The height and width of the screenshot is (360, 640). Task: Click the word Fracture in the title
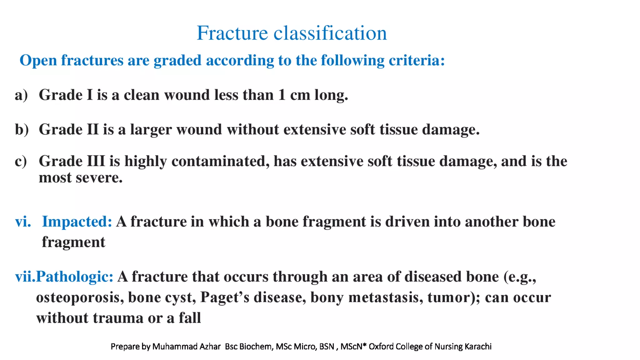[232, 33]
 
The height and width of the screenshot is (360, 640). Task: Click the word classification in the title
[330, 33]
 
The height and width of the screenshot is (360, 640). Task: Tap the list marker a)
[21, 95]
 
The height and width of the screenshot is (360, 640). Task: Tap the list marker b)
[22, 129]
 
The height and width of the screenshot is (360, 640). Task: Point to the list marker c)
[21, 161]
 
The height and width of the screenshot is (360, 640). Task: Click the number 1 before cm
[282, 95]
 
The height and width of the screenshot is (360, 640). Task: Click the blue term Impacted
[77, 222]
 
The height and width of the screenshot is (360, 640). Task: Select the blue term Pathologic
[74, 277]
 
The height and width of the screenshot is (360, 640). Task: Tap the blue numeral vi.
[23, 222]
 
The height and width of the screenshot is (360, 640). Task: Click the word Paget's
[224, 297]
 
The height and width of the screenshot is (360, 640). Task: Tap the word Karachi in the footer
[478, 347]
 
